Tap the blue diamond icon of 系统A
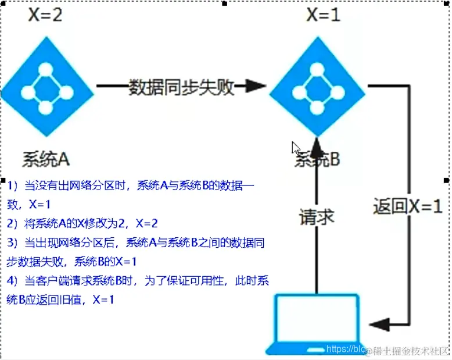point(46,84)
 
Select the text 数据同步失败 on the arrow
point(181,87)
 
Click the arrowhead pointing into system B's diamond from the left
point(256,87)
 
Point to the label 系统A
point(46,159)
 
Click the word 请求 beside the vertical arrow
point(317,217)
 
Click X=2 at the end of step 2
point(146,223)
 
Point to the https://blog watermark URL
point(346,349)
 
